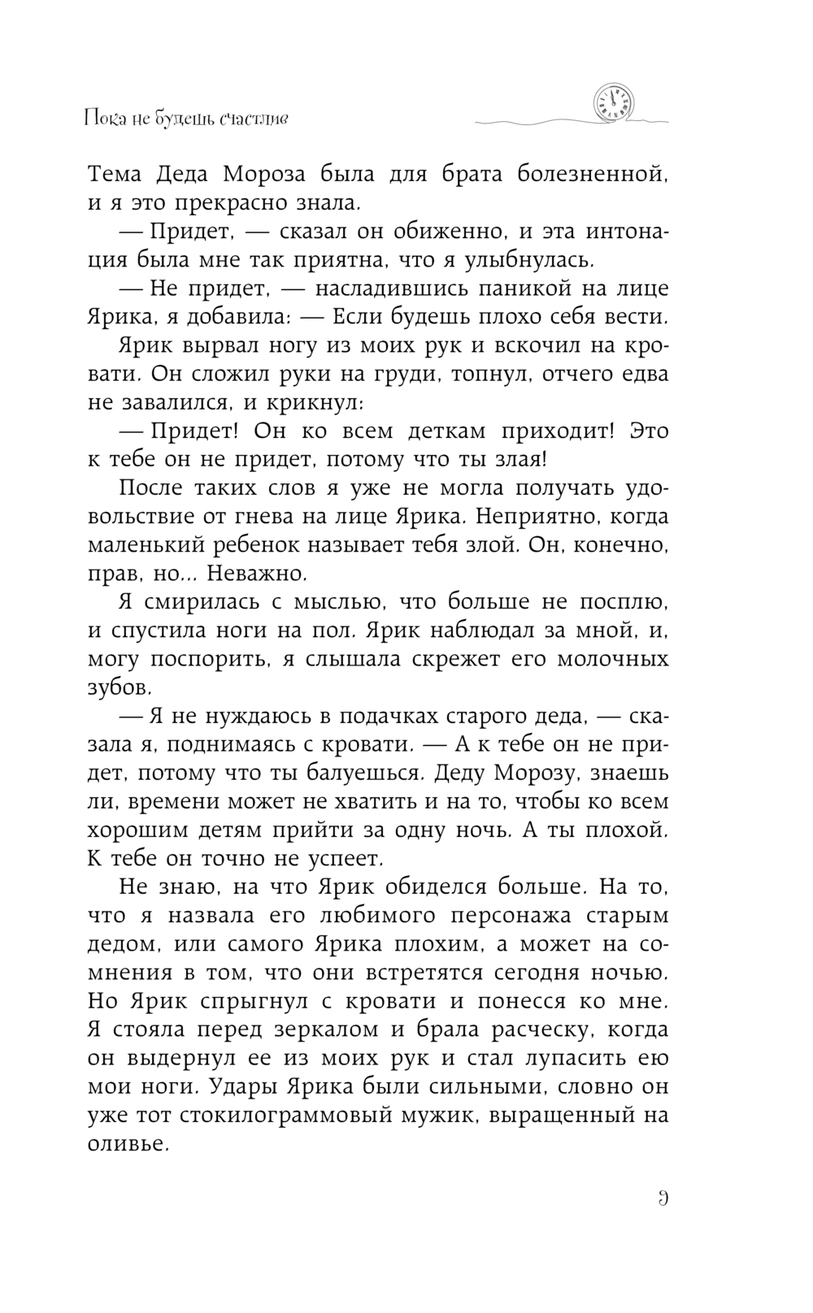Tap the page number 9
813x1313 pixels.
663,1198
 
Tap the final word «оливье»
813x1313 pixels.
128,1143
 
